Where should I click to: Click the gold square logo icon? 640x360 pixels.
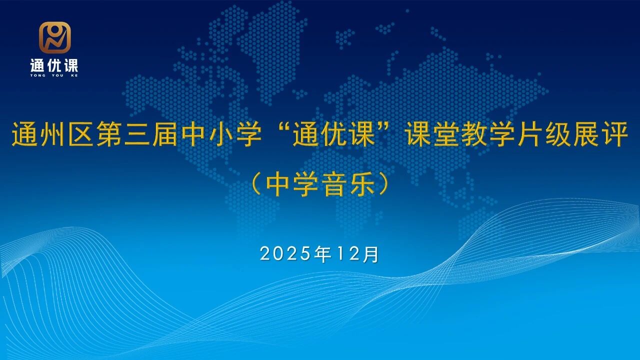pyautogui.click(x=54, y=37)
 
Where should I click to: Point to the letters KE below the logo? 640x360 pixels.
pyautogui.click(x=74, y=75)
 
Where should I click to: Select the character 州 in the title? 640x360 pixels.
pyautogui.click(x=53, y=134)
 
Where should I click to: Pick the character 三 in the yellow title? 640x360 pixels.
pyautogui.click(x=138, y=134)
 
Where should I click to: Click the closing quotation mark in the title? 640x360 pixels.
pyautogui.click(x=386, y=126)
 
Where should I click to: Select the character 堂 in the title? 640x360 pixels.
pyautogui.click(x=447, y=134)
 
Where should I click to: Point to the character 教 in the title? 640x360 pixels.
pyautogui.click(x=475, y=134)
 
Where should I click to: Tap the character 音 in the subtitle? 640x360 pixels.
pyautogui.click(x=334, y=184)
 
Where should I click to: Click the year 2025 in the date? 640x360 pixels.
pyautogui.click(x=285, y=254)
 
